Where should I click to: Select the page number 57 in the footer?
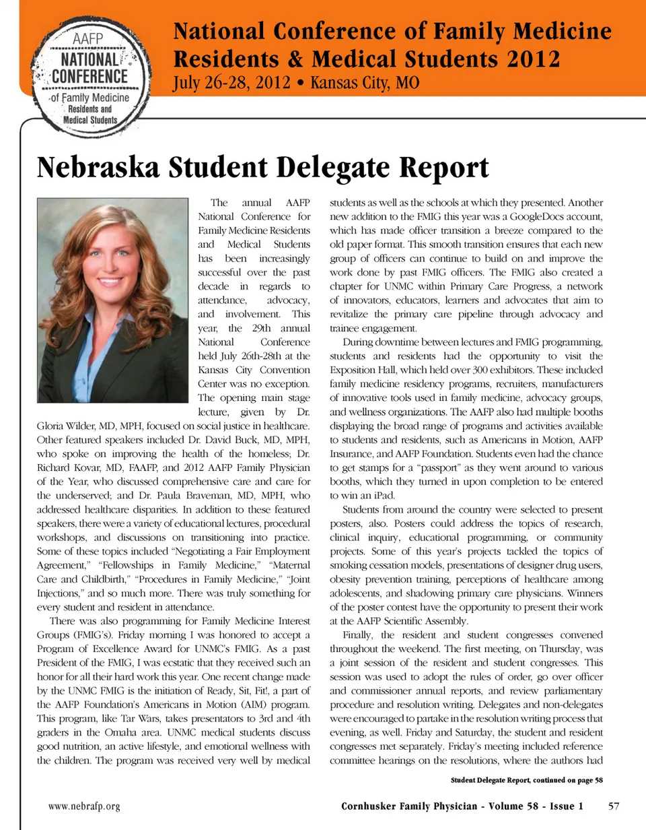pos(614,806)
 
